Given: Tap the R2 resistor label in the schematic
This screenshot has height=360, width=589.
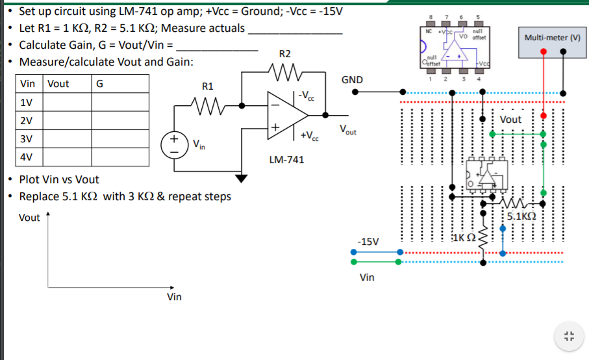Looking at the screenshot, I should (x=284, y=53).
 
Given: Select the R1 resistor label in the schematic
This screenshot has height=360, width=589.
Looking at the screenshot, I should (x=208, y=86).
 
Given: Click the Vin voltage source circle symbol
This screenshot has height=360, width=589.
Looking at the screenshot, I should (x=175, y=144).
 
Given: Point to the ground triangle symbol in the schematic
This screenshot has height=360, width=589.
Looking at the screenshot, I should (x=242, y=177).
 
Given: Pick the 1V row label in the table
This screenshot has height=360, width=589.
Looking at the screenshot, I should (x=27, y=103).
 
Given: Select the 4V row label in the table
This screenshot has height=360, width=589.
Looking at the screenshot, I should (x=27, y=157).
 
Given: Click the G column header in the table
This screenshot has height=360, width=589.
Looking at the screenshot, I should (x=99, y=84).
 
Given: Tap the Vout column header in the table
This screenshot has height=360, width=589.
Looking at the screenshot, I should (x=58, y=84).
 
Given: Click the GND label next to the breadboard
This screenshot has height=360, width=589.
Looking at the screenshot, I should (x=351, y=80).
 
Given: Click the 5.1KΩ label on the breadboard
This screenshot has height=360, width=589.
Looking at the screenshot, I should (x=521, y=216).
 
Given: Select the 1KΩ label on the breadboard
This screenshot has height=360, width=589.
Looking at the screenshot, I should (x=465, y=238).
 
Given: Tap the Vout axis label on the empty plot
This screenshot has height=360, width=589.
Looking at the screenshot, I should (x=29, y=218).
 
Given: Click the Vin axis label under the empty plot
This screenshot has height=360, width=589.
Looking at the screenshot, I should (x=174, y=297).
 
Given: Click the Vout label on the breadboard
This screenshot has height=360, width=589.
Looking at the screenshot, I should (x=510, y=120).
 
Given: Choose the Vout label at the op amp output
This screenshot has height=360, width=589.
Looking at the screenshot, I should (x=347, y=129).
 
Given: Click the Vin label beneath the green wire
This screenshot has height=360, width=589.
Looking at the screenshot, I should (x=367, y=277).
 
